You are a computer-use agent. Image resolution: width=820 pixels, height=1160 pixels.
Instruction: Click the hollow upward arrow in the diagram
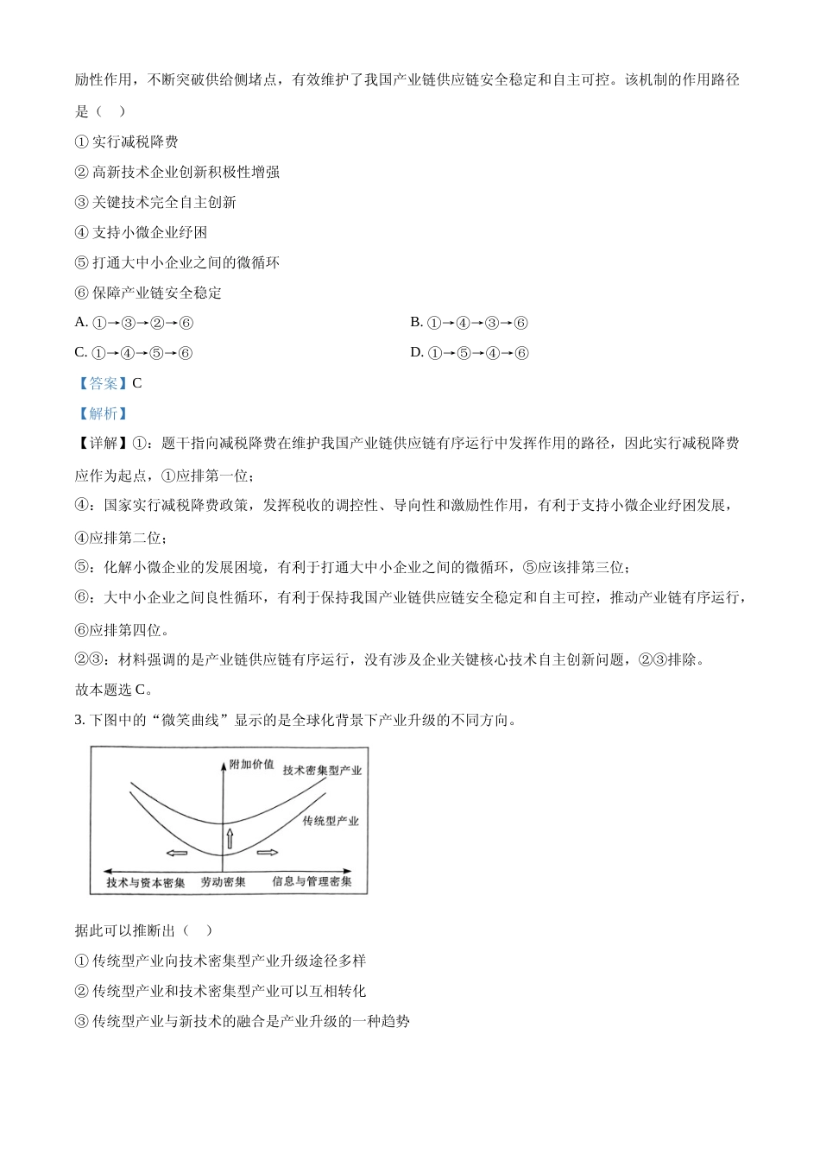[x=230, y=837]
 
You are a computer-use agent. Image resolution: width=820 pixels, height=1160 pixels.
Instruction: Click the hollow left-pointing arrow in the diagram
[x=177, y=854]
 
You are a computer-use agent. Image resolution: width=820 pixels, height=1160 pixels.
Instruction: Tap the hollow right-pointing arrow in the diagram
[x=268, y=853]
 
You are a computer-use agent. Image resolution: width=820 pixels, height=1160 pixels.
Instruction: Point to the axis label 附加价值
[x=252, y=765]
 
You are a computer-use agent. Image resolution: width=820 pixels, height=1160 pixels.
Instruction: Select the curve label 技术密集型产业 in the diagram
[x=322, y=770]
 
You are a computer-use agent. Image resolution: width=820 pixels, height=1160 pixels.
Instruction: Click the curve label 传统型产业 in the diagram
[x=331, y=821]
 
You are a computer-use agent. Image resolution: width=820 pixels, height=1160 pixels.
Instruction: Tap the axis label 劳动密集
[x=223, y=882]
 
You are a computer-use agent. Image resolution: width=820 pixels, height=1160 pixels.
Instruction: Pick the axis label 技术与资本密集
[x=146, y=883]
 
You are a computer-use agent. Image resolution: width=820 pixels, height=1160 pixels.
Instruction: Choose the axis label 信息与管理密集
[x=312, y=881]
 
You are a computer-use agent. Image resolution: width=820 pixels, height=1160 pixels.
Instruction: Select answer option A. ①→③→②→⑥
[x=135, y=323]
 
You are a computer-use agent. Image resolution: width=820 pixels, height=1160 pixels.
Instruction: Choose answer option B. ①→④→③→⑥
[x=469, y=323]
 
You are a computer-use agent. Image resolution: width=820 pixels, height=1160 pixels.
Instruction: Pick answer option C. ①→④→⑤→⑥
[x=134, y=353]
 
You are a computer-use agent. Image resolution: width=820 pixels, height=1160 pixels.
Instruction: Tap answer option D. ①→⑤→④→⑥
[x=469, y=353]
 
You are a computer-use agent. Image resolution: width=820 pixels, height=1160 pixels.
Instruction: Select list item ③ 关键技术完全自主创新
[x=155, y=202]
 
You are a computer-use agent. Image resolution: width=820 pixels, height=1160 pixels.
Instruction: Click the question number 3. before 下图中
[x=79, y=720]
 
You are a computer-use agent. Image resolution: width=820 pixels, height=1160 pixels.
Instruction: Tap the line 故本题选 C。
[x=114, y=690]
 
